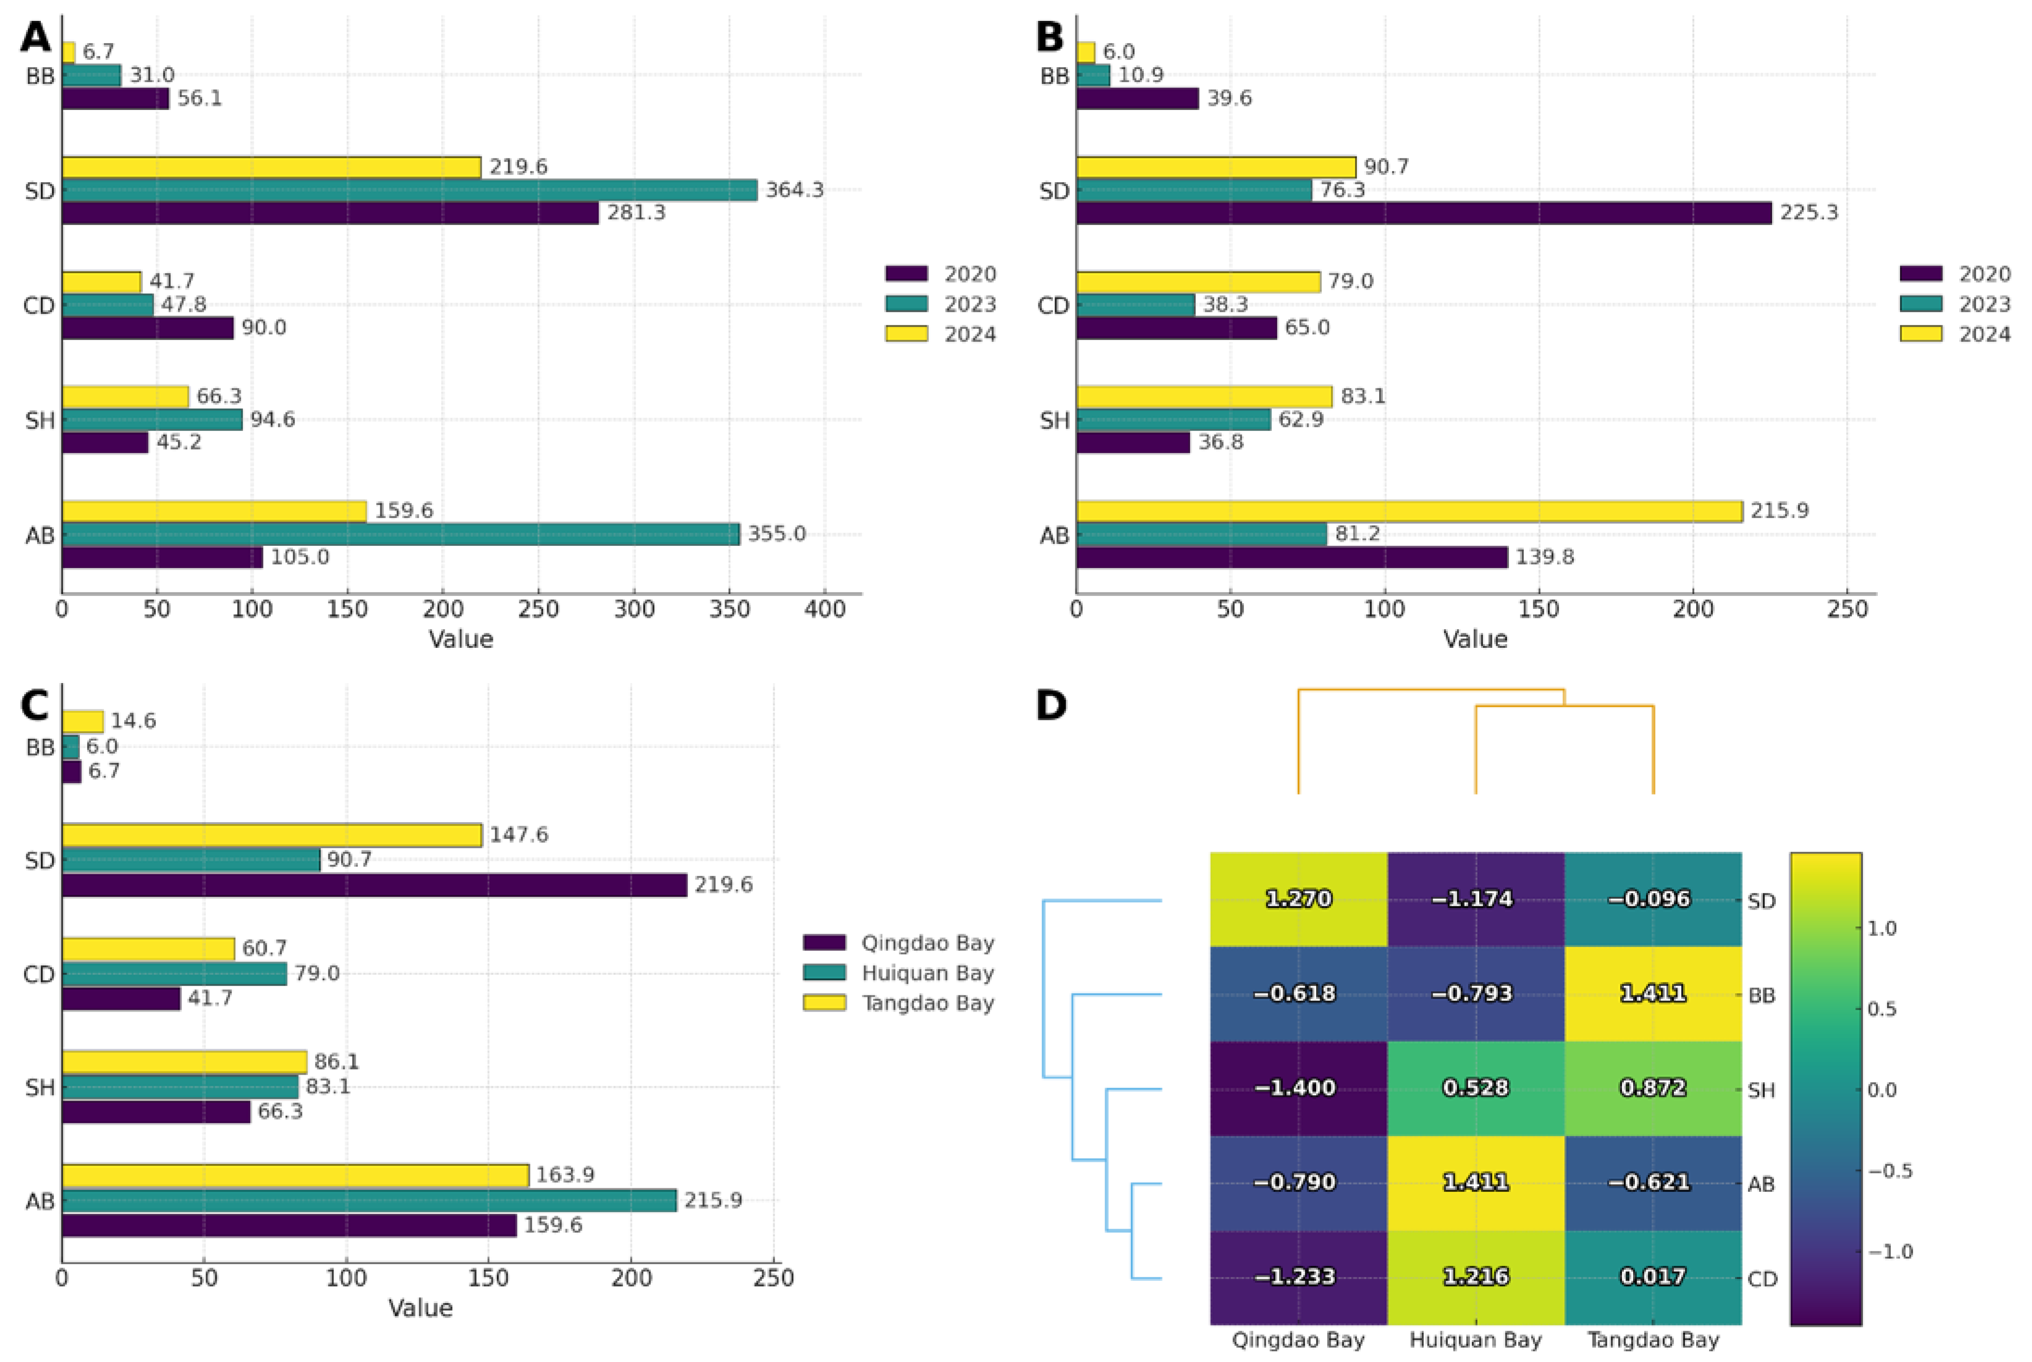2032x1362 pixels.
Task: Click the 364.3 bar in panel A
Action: (x=408, y=190)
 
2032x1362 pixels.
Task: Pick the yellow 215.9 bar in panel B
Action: (x=1408, y=511)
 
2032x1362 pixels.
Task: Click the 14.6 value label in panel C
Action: (x=133, y=721)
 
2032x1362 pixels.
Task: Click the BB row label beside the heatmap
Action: (x=1761, y=995)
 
